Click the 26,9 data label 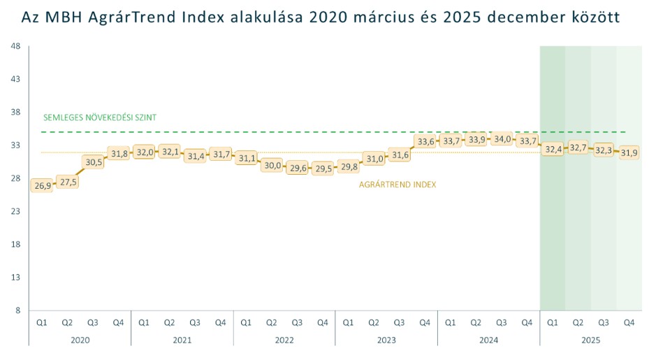pyautogui.click(x=41, y=185)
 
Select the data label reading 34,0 pyautogui.click(x=502, y=139)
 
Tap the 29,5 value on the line pyautogui.click(x=322, y=168)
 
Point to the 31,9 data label pyautogui.click(x=629, y=152)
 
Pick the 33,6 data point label pyautogui.click(x=425, y=141)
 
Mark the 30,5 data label pyautogui.click(x=93, y=161)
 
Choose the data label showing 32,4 pyautogui.click(x=553, y=149)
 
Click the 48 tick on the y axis pyautogui.click(x=15, y=46)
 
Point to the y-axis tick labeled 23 pyautogui.click(x=15, y=211)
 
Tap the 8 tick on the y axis pyautogui.click(x=17, y=310)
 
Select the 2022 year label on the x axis pyautogui.click(x=284, y=340)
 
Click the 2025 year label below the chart pyautogui.click(x=590, y=340)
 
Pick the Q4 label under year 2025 pyautogui.click(x=629, y=322)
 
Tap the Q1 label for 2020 pyautogui.click(x=41, y=322)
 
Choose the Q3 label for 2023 pyautogui.click(x=399, y=322)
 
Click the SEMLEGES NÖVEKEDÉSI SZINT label pyautogui.click(x=99, y=117)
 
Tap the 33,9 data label pyautogui.click(x=476, y=140)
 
